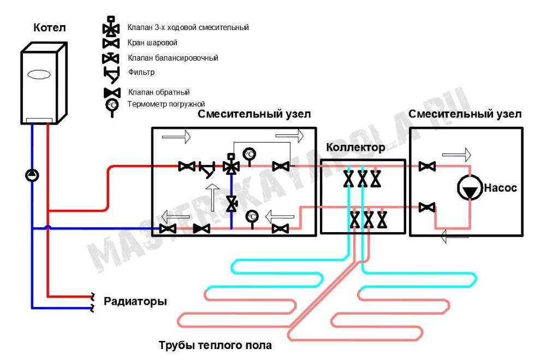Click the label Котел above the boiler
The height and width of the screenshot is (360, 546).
coord(50,27)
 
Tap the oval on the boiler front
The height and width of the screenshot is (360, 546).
coord(39,74)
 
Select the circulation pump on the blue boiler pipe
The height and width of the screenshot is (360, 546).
coord(32,175)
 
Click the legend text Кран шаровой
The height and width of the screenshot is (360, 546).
coord(152,43)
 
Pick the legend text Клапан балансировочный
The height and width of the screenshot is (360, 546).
coord(173,58)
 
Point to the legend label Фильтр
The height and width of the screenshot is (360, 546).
coord(141,73)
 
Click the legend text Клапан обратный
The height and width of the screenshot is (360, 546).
coord(159,92)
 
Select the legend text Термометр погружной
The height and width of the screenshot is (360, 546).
coord(167,104)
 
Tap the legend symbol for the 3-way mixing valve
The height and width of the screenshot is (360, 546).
coord(111,26)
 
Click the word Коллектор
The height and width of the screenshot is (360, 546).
coord(355,147)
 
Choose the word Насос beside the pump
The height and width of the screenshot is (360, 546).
coord(500,188)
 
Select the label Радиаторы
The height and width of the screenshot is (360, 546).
coord(135,302)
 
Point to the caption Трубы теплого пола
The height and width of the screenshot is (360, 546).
coord(215,345)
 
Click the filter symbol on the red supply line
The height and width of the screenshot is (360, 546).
coord(207,169)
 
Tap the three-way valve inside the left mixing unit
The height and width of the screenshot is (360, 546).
coord(231,165)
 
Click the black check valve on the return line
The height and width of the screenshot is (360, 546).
coord(201,228)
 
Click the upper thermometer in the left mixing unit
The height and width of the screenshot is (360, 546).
coord(250,156)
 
